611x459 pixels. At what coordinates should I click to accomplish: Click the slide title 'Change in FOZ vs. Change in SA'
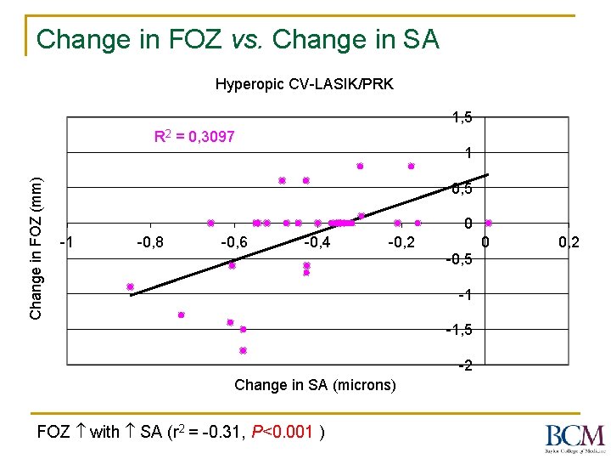click(x=238, y=39)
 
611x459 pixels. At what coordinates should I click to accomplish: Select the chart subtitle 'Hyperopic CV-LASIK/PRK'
click(x=304, y=84)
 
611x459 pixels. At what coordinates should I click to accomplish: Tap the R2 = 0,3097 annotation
click(x=194, y=136)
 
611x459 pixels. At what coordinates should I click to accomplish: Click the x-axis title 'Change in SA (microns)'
click(x=315, y=385)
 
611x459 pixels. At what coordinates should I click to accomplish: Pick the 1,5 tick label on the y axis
click(x=462, y=117)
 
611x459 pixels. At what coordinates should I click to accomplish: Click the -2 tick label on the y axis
click(x=464, y=366)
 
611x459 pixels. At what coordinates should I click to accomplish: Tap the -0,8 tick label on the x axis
click(x=150, y=243)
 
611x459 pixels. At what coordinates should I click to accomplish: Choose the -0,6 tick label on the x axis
click(x=233, y=243)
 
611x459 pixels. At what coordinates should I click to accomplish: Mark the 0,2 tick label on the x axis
click(x=569, y=243)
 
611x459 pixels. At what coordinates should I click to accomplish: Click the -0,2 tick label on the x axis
click(x=401, y=243)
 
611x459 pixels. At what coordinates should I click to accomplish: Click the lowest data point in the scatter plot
click(x=243, y=350)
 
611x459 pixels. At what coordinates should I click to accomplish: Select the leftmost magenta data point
click(x=130, y=286)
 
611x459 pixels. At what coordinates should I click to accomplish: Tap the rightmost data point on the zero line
click(x=488, y=223)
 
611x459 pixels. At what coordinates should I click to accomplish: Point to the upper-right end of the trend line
click(x=488, y=174)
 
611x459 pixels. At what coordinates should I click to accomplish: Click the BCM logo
click(x=575, y=436)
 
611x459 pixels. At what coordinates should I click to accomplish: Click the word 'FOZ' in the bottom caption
click(x=54, y=432)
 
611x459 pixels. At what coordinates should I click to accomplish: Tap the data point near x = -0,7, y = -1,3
click(x=181, y=314)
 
